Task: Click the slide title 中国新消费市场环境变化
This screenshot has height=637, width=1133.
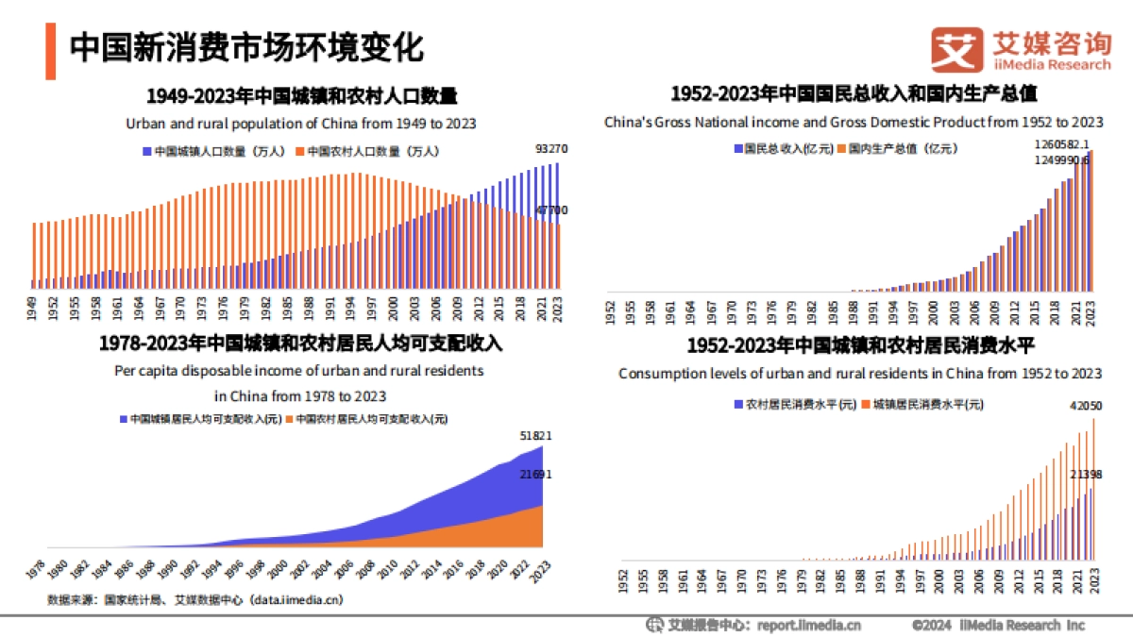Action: (247, 47)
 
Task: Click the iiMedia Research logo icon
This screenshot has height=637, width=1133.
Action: (955, 49)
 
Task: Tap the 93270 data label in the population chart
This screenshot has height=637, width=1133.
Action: (550, 149)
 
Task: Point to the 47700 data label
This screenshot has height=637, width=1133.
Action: (551, 210)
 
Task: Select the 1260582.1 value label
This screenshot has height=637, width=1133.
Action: (1062, 144)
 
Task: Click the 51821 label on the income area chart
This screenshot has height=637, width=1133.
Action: (535, 436)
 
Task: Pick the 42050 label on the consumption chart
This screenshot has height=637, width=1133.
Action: (1085, 406)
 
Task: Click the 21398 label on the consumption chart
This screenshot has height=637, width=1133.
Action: (1085, 474)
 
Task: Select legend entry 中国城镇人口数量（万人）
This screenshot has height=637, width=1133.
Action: (214, 151)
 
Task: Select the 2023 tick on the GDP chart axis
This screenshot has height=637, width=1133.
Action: (1092, 312)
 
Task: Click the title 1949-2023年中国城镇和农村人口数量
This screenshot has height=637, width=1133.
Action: (301, 95)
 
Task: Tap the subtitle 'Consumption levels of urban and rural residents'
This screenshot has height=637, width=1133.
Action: (859, 374)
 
